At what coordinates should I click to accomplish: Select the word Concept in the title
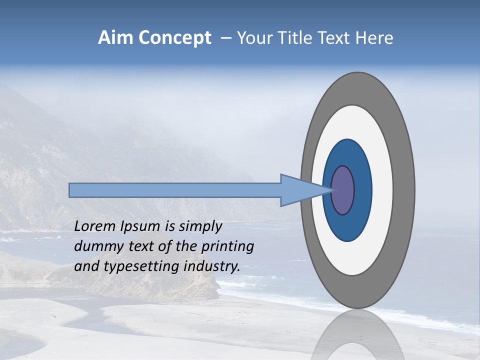pos(174,38)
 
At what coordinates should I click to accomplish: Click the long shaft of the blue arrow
pos(175,190)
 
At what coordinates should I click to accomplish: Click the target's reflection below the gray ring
pos(357,335)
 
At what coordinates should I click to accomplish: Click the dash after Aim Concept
pos(225,38)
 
